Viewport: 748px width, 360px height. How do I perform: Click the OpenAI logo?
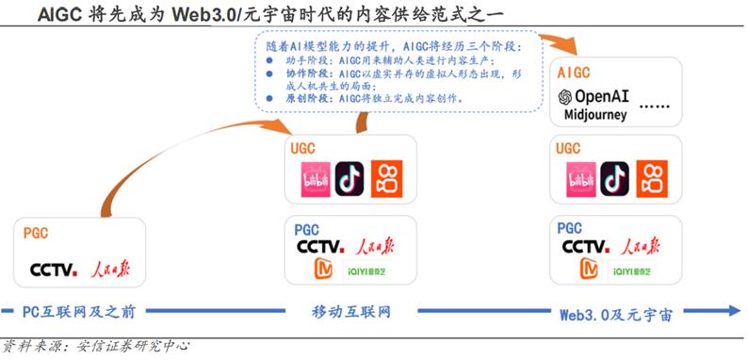pyautogui.click(x=595, y=97)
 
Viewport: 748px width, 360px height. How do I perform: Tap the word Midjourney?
pyautogui.click(x=595, y=115)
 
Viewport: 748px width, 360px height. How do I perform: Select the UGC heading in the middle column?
pyautogui.click(x=305, y=148)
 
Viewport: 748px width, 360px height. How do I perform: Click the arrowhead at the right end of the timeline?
pyautogui.click(x=735, y=311)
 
